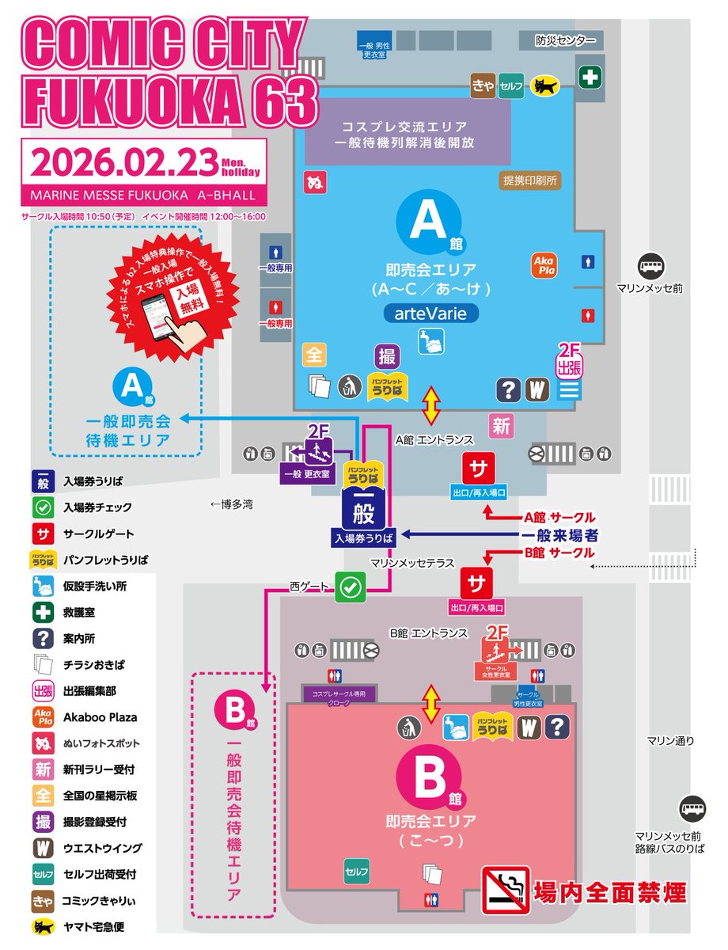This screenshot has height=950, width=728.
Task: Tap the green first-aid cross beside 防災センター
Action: coord(589,78)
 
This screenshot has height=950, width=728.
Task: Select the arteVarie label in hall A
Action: coord(430,313)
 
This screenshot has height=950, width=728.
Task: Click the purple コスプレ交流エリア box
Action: coord(407,135)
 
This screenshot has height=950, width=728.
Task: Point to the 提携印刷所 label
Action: coord(529,180)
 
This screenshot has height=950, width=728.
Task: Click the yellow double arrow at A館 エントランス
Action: coord(430,405)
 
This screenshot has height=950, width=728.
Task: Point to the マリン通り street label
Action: coord(670,741)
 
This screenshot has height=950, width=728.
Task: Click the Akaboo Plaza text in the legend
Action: coord(100,717)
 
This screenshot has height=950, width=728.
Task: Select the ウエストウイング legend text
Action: coord(103,848)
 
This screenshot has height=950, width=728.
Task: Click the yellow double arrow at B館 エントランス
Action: coord(431,704)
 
